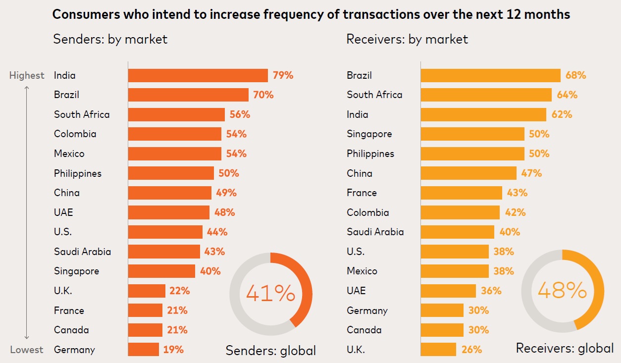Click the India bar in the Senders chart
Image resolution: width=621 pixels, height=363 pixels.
198,75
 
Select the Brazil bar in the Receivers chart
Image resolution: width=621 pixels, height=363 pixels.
490,75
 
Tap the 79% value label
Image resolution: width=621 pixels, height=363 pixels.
283,75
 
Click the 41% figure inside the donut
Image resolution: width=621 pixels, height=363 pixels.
270,294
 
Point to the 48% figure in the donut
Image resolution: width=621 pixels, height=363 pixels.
562,290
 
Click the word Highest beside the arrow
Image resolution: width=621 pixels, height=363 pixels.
27,75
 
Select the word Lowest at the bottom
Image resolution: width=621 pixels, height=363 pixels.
27,350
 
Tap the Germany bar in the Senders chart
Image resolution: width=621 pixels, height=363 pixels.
143,350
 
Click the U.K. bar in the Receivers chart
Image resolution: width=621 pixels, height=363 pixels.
438,350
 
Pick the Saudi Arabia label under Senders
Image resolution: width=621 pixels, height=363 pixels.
82,252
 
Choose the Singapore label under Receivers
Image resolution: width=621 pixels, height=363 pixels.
369,134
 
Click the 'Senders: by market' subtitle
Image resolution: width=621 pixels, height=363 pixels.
110,39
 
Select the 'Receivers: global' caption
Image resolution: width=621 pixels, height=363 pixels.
565,348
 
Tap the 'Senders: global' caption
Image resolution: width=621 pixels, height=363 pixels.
270,351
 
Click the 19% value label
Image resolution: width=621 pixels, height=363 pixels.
173,350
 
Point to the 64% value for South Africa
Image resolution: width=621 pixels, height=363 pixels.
567,95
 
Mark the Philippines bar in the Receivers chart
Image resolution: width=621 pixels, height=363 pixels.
472,154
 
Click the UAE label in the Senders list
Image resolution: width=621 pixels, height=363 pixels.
63,212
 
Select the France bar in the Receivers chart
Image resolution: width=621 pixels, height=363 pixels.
461,193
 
